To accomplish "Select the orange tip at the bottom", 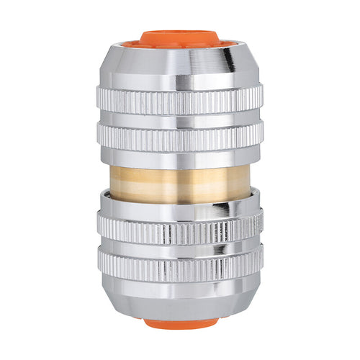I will tap(179, 323).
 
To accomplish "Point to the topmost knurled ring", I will tap(179, 100).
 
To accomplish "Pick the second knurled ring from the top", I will tap(179, 135).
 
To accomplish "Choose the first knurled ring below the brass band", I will tap(179, 230).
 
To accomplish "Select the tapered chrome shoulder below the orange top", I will tap(179, 61).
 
